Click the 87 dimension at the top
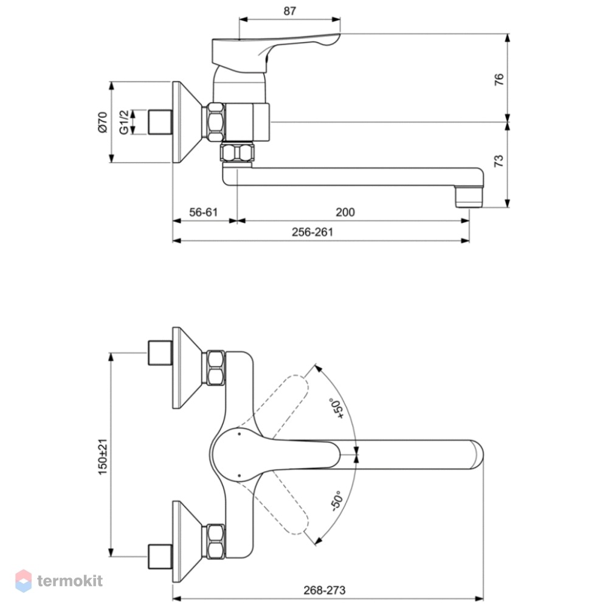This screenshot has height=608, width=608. [289, 11]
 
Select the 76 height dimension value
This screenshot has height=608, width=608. [499, 79]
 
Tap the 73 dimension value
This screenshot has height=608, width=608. [499, 161]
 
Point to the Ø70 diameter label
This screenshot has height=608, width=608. [102, 122]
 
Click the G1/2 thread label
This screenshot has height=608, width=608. [123, 122]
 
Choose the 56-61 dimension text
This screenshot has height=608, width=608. [204, 212]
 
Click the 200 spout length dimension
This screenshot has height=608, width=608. [345, 212]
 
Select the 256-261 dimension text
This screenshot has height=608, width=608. [313, 232]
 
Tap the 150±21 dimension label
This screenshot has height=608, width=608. [102, 457]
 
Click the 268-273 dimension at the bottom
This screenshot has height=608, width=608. [325, 590]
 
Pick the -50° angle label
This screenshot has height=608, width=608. [337, 501]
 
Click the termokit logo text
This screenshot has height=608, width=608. [70, 581]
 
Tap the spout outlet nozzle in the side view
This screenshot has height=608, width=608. [469, 196]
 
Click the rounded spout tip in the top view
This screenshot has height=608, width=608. [477, 454]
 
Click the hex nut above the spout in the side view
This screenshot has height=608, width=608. [238, 152]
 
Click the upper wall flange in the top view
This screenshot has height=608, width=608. [187, 368]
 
